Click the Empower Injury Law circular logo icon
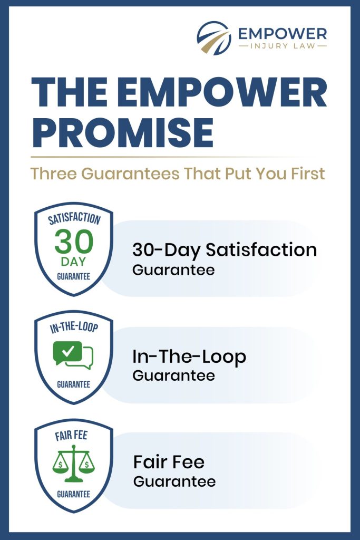coord(214,38)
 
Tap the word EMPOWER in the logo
coord(282,34)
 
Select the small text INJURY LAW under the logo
coord(282,46)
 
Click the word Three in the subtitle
coord(52,173)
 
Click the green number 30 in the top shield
coord(74,242)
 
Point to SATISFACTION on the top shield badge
coord(74,219)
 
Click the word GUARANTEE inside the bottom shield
coord(74,494)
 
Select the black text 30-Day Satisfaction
coord(225,249)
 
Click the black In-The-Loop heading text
coord(189,357)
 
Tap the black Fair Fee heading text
coord(169,462)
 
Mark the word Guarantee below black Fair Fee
coord(174,481)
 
